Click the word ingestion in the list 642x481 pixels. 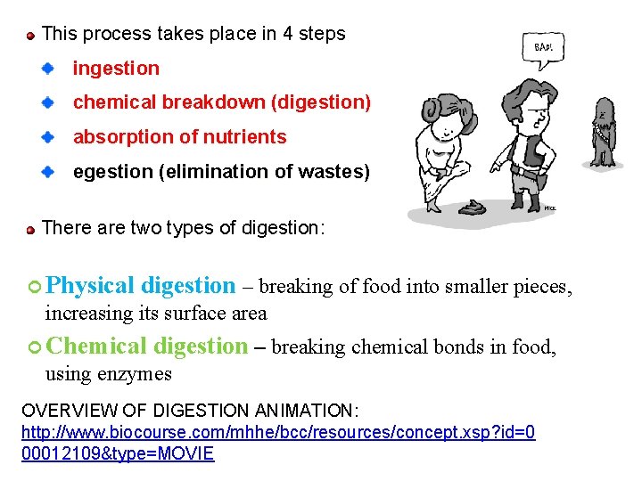pos(116,69)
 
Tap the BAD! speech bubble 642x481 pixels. pos(542,46)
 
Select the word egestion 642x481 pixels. pos(112,172)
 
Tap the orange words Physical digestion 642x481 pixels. pos(140,286)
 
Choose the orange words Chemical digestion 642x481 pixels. pos(146,346)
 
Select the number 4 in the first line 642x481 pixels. pos(288,34)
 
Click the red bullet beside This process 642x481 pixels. pos(30,35)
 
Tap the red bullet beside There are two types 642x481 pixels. pos(30,229)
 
